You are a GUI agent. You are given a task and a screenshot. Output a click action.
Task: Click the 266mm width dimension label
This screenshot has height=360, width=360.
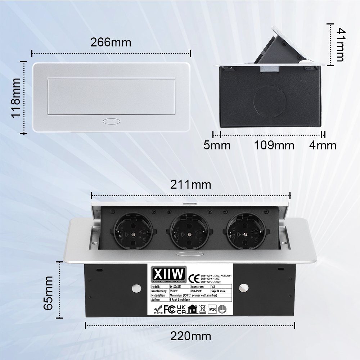pos(111,42)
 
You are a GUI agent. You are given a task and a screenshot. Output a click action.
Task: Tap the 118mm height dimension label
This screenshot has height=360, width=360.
pos(15,97)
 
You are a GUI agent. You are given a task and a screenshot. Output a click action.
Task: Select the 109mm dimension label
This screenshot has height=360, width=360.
pos(274,145)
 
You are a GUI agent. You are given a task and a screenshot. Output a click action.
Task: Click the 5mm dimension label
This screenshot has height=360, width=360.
pos(217,145)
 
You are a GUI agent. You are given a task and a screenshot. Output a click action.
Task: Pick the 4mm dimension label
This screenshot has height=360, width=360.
pos(323,145)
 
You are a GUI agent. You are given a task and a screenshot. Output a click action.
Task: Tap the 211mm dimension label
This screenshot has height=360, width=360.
pos(191,185)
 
